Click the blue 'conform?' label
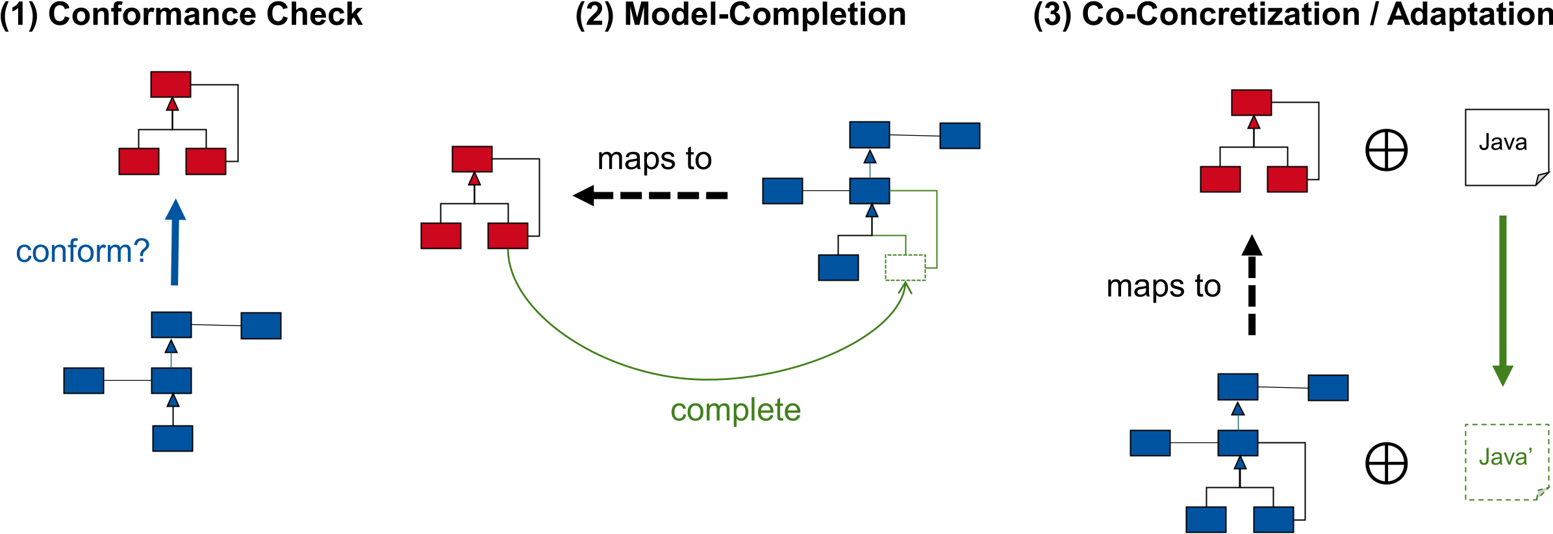click(82, 251)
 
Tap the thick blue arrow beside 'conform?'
click(175, 244)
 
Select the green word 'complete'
click(735, 410)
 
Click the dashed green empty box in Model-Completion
click(905, 268)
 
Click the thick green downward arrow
click(1502, 299)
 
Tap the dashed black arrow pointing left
click(650, 195)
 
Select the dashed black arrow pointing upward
click(1252, 286)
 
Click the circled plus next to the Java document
click(1386, 150)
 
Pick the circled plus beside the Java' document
click(1386, 463)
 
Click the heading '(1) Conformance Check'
click(181, 14)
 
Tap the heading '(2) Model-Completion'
click(740, 14)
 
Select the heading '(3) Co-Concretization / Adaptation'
click(1293, 14)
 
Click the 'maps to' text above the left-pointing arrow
click(655, 159)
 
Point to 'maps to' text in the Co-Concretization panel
click(1163, 286)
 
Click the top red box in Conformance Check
click(171, 84)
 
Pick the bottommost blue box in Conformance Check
click(173, 439)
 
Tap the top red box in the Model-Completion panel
click(472, 159)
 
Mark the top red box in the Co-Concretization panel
click(1251, 103)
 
